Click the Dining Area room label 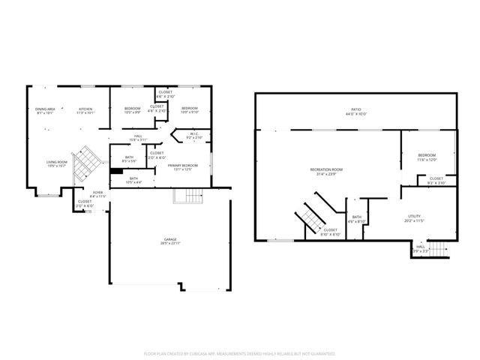pos(46,111)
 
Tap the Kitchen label pos(85,111)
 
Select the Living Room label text pos(58,163)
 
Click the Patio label pos(355,112)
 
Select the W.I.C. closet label pos(193,136)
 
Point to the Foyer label pos(97,194)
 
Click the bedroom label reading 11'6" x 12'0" pos(426,158)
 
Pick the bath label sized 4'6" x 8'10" pos(356,220)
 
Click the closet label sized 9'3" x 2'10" pos(436,181)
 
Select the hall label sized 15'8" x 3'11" pos(138,138)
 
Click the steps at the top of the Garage pos(188,196)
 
